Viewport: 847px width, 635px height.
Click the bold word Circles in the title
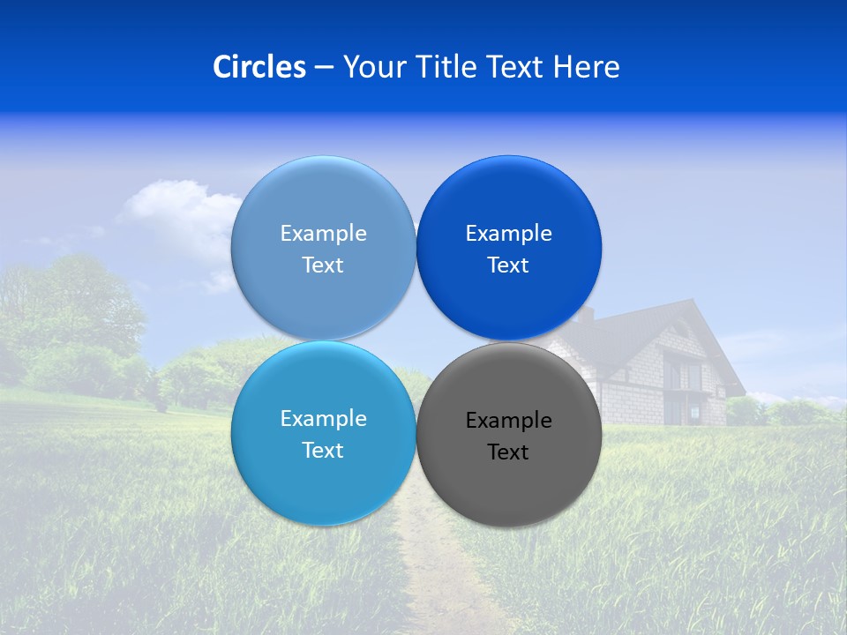(x=259, y=67)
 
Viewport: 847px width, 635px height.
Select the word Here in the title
(x=587, y=67)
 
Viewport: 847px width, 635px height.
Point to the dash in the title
(x=324, y=68)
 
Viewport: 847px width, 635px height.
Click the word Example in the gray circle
(x=508, y=421)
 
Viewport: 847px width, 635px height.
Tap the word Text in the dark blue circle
(x=508, y=265)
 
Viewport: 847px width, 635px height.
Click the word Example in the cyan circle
(x=323, y=419)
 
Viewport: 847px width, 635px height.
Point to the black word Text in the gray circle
(x=508, y=452)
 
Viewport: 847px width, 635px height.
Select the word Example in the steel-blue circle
(x=323, y=234)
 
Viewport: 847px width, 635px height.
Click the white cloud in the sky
(x=176, y=207)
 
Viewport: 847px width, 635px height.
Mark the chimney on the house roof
(x=590, y=314)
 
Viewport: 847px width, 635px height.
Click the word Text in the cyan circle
(x=323, y=451)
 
